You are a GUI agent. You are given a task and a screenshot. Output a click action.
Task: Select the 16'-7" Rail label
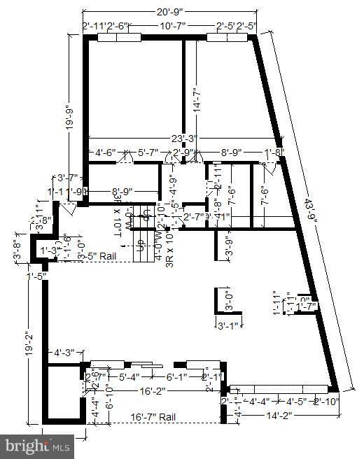point(153,417)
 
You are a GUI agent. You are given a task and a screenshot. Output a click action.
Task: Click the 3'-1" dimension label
point(228,325)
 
